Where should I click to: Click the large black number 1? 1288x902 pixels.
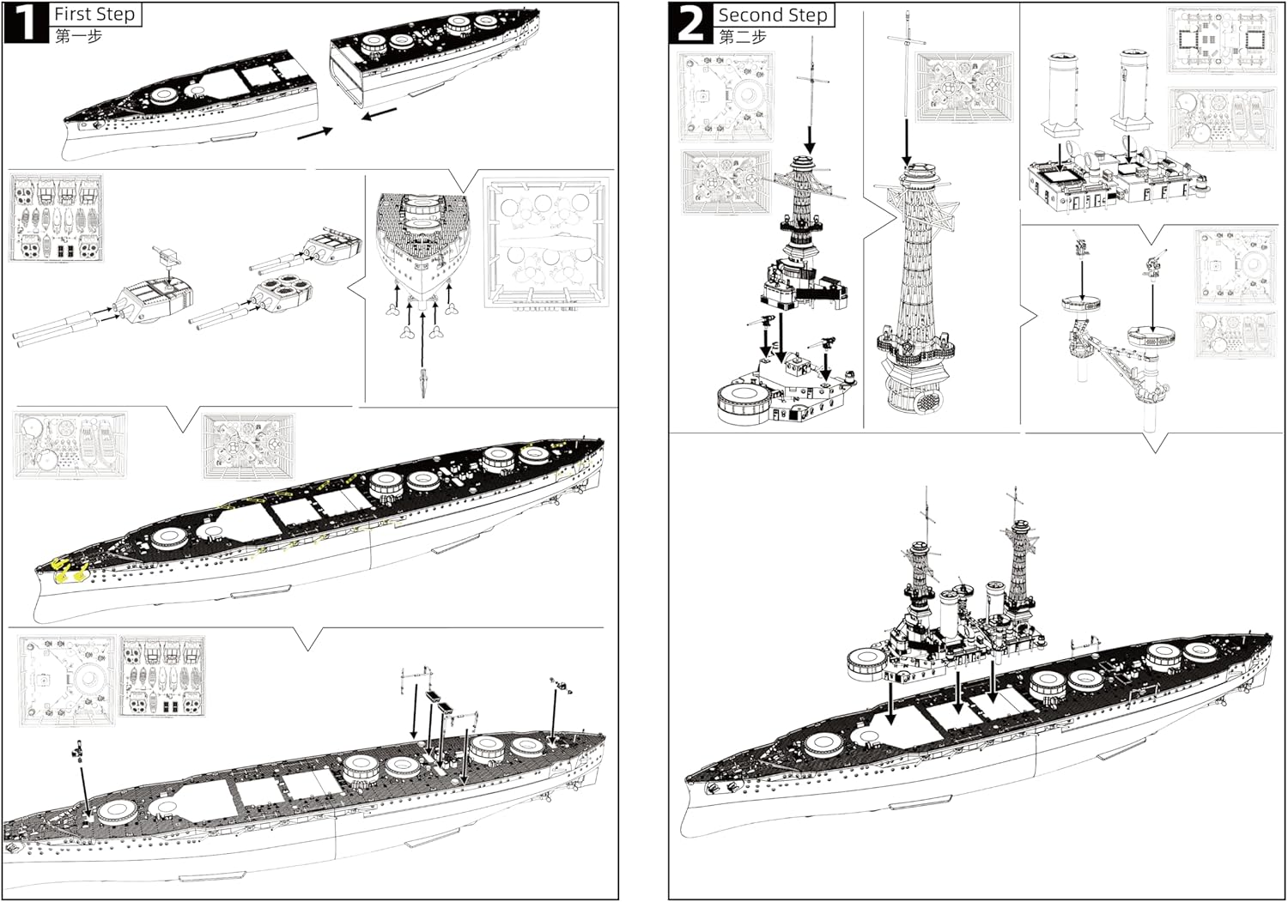(27, 22)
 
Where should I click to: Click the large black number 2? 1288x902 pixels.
(691, 23)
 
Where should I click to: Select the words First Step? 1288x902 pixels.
(94, 14)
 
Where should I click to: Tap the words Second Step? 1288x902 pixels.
(773, 15)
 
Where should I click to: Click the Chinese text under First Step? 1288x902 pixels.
(79, 36)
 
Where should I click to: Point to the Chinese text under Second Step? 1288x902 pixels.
(743, 37)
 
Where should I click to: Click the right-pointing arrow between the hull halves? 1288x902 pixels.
(315, 133)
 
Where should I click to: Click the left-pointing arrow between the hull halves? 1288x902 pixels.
(380, 114)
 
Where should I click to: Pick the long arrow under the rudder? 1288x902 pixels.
(423, 340)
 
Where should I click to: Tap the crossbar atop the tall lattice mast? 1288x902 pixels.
(906, 40)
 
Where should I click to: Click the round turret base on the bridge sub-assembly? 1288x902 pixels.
(744, 405)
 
